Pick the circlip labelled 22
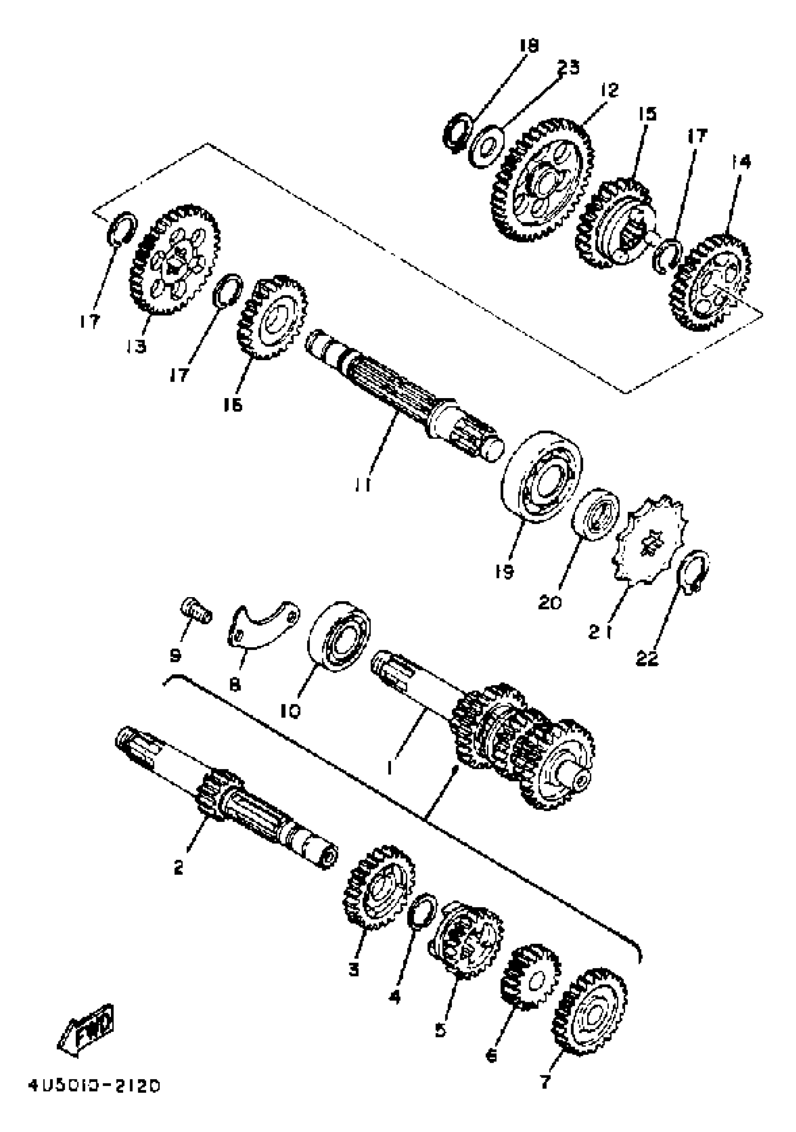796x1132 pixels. tap(695, 572)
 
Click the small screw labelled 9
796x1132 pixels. tap(196, 614)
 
